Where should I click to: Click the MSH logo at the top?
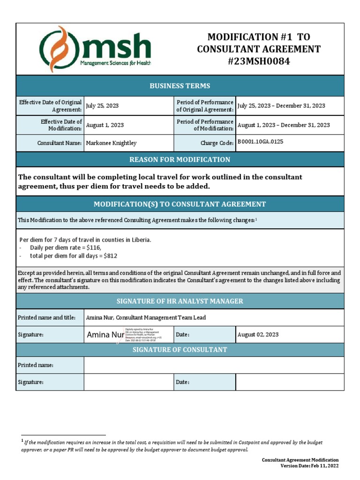point(96,49)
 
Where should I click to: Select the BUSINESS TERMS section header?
point(180,86)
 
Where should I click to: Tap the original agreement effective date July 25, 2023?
point(102,106)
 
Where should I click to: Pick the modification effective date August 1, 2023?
point(105,125)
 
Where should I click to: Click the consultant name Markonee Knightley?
point(111,143)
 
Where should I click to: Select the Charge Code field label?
point(217,143)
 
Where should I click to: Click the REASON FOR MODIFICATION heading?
point(180,160)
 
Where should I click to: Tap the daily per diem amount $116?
point(93,247)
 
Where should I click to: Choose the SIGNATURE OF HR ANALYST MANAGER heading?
point(180,301)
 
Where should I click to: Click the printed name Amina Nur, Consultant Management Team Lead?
point(146,318)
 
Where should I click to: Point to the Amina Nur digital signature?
point(105,335)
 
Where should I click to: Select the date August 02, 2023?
point(258,335)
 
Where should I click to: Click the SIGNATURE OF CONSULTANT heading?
point(180,350)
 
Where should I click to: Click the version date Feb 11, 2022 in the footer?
point(323,466)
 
